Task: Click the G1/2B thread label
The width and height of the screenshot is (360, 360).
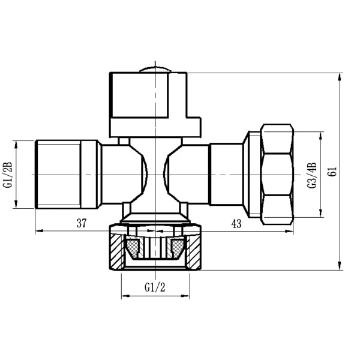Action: (x=8, y=175)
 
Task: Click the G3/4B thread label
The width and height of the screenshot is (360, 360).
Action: (x=312, y=175)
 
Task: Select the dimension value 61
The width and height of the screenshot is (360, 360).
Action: (x=333, y=171)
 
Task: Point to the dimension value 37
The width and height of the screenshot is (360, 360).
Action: (x=82, y=223)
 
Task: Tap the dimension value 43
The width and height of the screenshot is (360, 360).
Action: (x=236, y=224)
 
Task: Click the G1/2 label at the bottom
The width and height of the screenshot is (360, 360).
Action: (x=155, y=287)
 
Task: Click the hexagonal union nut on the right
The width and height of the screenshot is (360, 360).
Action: (x=277, y=175)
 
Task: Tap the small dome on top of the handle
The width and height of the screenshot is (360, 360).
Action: (x=155, y=70)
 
